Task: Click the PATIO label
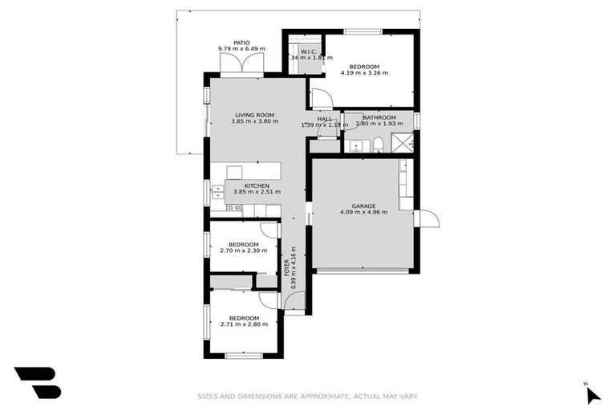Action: (241, 43)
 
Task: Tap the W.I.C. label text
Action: (311, 51)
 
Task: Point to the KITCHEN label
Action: (245, 185)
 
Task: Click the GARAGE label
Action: (363, 205)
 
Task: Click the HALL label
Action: (324, 119)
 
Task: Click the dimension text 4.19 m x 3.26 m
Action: (364, 73)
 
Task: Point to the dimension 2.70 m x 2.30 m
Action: (243, 250)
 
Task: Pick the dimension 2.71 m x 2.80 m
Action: (243, 324)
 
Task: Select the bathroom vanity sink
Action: (355, 146)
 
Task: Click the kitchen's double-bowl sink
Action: (217, 192)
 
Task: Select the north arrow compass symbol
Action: (592, 393)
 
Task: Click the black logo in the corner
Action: (37, 382)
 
